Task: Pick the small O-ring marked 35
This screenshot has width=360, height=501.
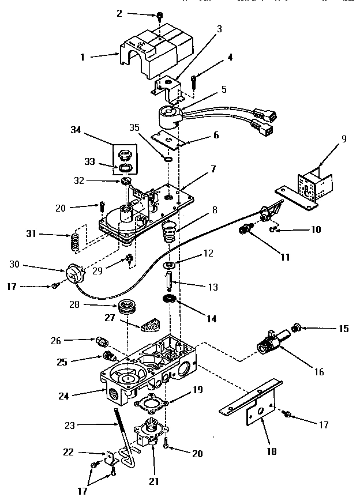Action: [167, 159]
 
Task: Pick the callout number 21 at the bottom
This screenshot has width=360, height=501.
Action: [153, 481]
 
